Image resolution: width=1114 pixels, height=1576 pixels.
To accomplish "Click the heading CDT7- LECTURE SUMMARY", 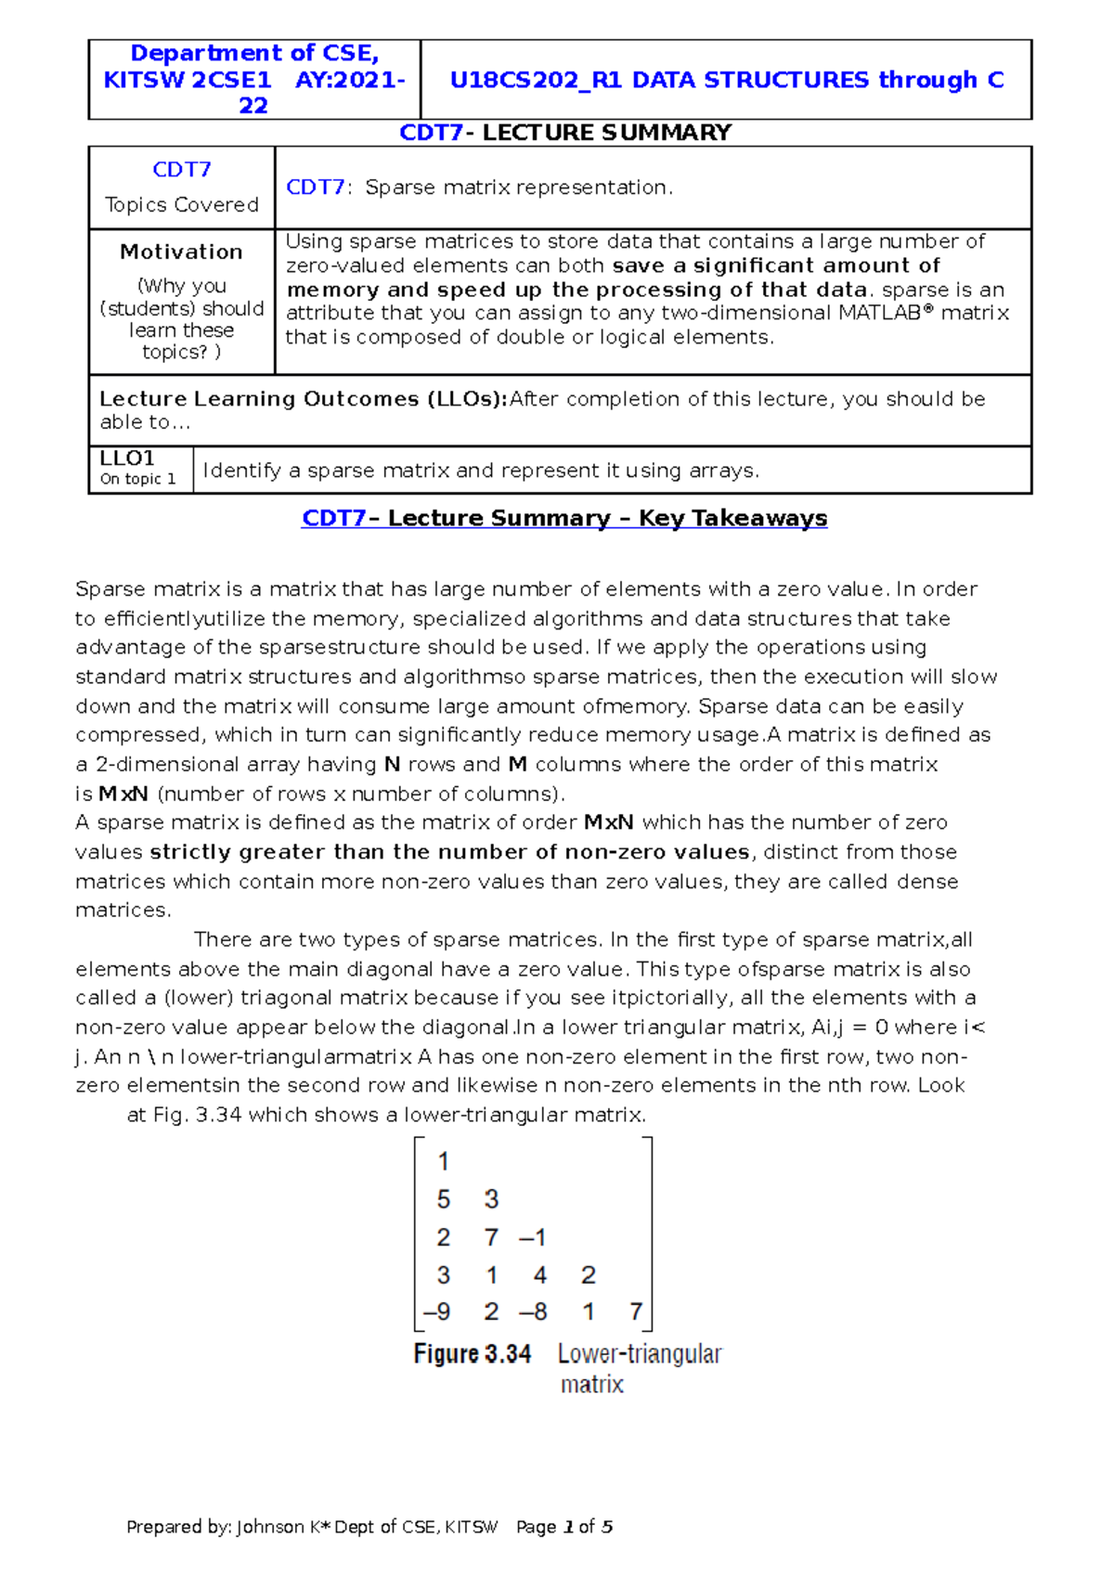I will click(565, 133).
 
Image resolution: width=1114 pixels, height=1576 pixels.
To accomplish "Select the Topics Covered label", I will click(182, 204).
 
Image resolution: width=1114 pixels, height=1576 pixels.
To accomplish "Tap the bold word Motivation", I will click(181, 252).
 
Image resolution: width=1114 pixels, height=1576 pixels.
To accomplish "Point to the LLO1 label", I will click(127, 459).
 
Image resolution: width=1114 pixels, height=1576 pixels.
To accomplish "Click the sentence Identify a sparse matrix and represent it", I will click(481, 471).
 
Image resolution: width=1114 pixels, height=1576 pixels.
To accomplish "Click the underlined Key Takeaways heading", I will click(564, 518).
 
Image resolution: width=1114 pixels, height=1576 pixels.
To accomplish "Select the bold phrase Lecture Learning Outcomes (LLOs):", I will click(303, 399).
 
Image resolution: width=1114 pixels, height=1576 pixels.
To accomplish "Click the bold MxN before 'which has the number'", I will click(608, 822).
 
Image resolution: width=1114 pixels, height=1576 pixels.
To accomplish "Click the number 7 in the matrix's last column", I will click(636, 1312).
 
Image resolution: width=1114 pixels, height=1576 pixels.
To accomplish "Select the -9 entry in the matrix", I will click(436, 1312).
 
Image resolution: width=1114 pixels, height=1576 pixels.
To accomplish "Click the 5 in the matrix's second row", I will click(444, 1199).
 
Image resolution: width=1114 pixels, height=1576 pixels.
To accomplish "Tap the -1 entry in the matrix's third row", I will click(533, 1237).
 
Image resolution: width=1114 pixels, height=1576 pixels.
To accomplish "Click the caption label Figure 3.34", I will click(473, 1354).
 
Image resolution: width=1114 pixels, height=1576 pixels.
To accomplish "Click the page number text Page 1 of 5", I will click(563, 1527).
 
